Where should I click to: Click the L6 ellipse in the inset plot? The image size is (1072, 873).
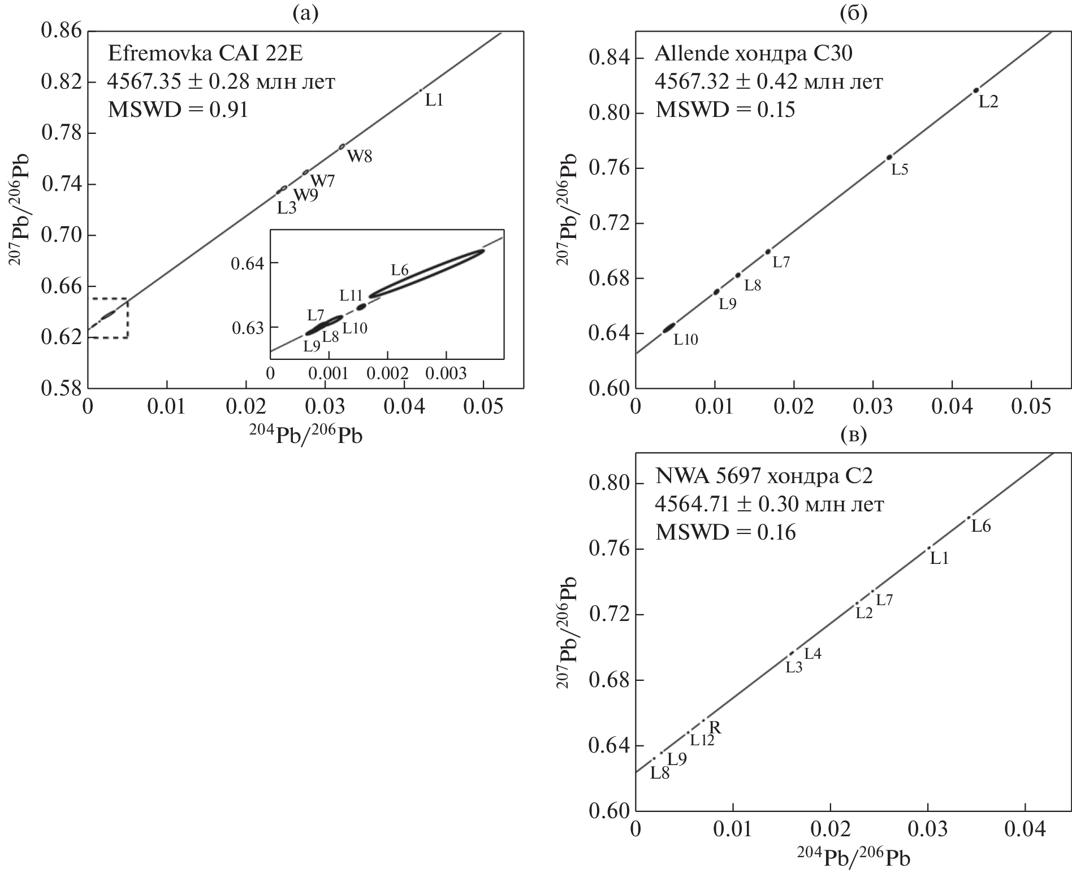tap(427, 273)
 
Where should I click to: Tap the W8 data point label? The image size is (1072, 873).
tap(360, 157)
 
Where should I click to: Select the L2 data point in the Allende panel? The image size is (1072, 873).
tap(976, 90)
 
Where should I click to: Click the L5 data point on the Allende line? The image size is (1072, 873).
tap(889, 157)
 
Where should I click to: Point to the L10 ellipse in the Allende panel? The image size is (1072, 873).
tap(669, 327)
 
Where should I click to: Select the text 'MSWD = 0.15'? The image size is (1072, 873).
tap(725, 110)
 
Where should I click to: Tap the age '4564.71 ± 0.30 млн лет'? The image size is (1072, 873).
tap(769, 504)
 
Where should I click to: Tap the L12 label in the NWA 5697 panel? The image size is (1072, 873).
tap(702, 740)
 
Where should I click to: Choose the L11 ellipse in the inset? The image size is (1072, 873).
tap(361, 307)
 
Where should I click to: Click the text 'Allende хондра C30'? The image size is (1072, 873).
tap(753, 54)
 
